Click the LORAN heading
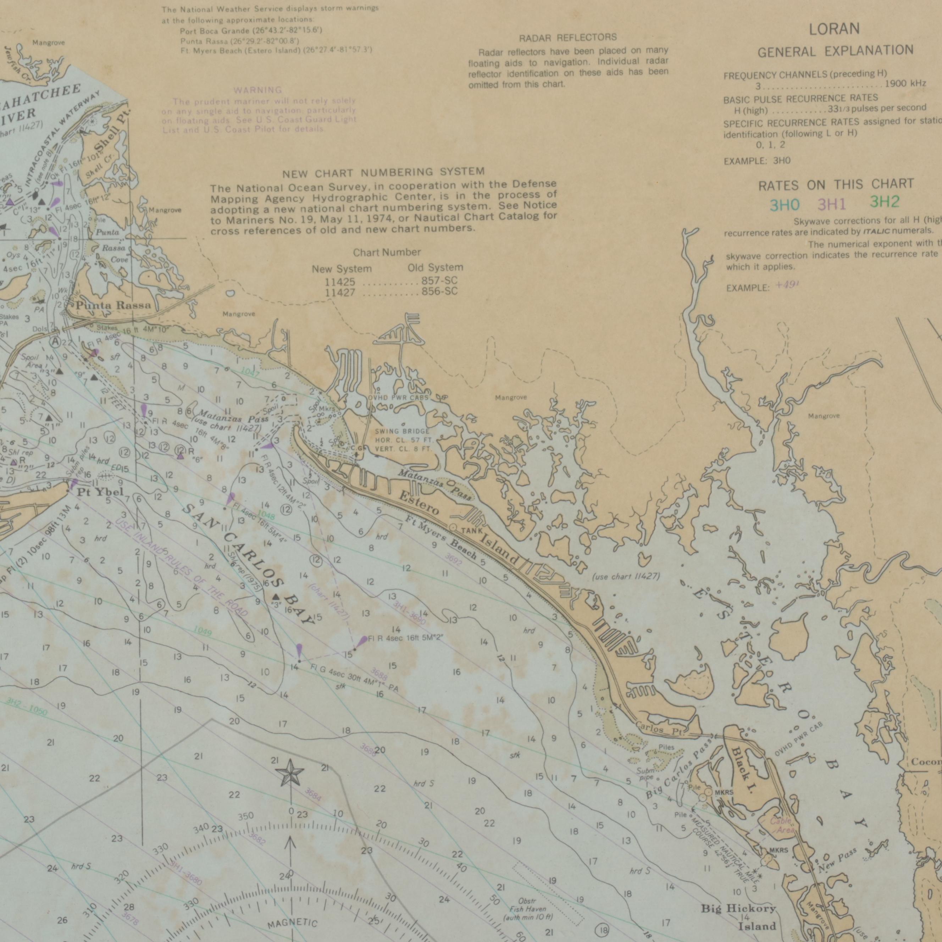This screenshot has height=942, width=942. click(x=834, y=29)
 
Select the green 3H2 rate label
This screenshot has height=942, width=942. click(x=885, y=202)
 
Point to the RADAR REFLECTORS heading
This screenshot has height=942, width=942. click(x=567, y=38)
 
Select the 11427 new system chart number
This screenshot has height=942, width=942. click(x=340, y=293)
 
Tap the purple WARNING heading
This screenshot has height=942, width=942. click(x=257, y=90)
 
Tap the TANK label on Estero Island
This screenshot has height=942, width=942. click(x=471, y=531)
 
